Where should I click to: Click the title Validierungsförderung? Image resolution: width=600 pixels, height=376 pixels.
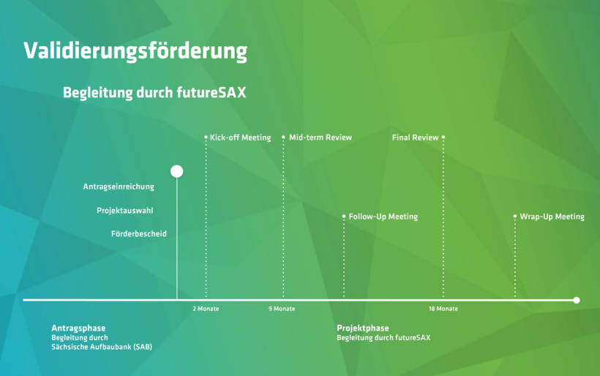point(135,51)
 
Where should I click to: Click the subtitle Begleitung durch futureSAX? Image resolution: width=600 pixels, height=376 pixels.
point(154,93)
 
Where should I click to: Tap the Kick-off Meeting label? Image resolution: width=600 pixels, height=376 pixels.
point(240,138)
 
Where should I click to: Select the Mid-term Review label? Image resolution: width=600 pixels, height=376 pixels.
point(320,138)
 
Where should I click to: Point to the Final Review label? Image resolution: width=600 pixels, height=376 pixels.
point(415,138)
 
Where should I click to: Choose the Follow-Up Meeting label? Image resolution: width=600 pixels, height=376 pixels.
point(383,217)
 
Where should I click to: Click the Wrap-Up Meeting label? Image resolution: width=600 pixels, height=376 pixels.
point(552,217)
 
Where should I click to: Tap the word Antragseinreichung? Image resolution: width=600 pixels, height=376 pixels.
point(119,187)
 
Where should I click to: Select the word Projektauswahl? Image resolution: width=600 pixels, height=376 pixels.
point(124,211)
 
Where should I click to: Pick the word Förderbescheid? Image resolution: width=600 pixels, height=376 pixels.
point(139,234)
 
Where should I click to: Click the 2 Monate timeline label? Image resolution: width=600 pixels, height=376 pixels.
point(206,309)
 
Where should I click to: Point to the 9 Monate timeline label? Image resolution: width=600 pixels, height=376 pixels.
point(282,309)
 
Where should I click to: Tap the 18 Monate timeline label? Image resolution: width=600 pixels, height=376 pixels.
point(443,309)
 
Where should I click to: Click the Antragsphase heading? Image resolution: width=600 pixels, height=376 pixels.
point(78,328)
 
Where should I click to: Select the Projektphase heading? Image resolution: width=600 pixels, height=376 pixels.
point(363,328)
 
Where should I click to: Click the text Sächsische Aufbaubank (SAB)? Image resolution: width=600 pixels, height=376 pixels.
point(102,347)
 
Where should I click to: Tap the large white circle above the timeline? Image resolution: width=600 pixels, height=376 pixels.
point(177,171)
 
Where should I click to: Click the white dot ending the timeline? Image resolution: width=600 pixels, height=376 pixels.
point(577,300)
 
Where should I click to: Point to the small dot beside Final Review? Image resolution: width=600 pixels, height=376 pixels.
point(443,137)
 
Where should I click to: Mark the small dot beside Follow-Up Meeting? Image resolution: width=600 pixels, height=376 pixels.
point(344,217)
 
